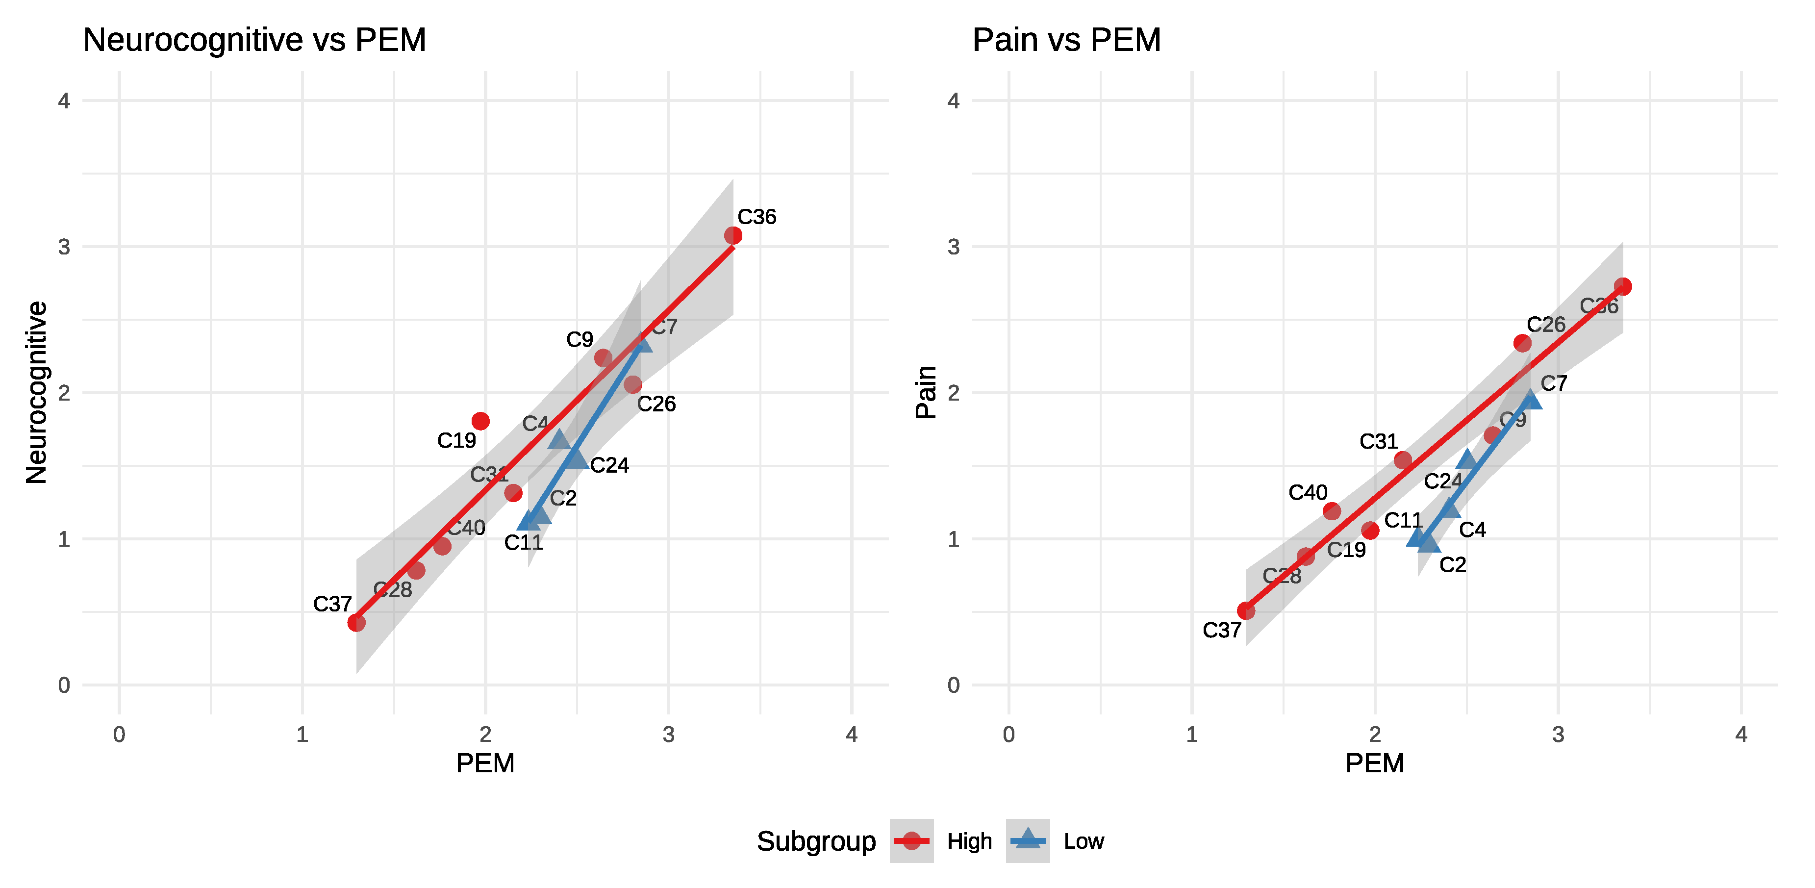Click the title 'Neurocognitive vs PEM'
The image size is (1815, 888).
tap(254, 40)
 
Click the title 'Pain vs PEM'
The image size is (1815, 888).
tap(1066, 40)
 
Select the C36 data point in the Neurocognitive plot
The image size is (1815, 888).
tap(733, 235)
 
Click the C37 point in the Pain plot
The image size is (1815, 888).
tap(1246, 611)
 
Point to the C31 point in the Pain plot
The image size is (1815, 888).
tap(1403, 460)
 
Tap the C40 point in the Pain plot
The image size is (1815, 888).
tap(1332, 511)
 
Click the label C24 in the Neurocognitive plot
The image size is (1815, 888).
tap(609, 466)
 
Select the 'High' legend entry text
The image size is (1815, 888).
tap(969, 841)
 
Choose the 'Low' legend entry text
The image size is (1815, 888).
tap(1084, 841)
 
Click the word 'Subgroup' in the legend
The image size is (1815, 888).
tap(816, 841)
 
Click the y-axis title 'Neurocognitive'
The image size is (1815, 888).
tap(37, 393)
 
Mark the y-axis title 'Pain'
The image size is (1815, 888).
tap(926, 393)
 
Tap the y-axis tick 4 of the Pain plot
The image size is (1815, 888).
tap(953, 101)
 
